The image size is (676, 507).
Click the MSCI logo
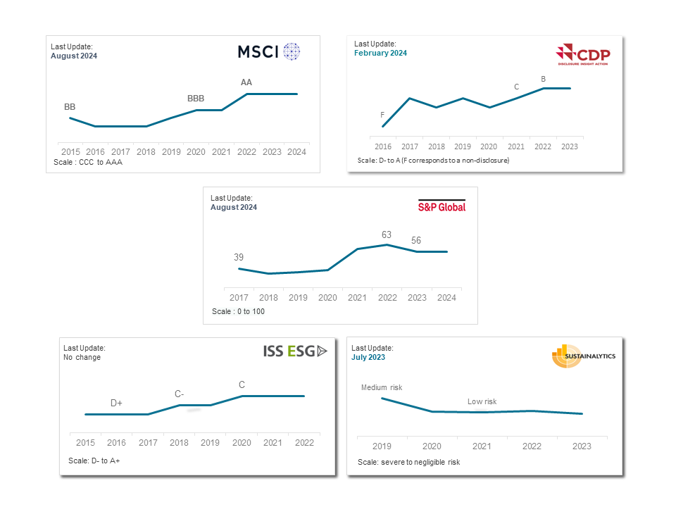point(268,51)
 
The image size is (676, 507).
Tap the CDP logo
point(583,55)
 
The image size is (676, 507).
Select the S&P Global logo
point(442,206)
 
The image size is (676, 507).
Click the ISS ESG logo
point(295,351)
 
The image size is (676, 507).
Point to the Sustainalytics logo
point(583,356)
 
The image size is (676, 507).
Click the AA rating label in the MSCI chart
point(246,82)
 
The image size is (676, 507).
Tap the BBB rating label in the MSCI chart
point(196,99)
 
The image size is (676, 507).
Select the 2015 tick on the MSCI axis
point(70,151)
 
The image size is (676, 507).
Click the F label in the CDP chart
point(382,114)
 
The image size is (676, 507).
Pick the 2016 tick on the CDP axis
point(382,146)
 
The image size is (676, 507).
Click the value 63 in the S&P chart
point(387,234)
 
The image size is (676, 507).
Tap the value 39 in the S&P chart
point(239,257)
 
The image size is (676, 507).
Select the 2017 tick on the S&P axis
point(239,297)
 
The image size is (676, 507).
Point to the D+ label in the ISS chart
point(116,403)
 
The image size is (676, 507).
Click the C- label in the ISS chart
point(180,394)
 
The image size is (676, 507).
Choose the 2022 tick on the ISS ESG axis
point(303,442)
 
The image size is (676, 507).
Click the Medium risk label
point(382,387)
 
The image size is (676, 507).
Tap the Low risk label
point(482,401)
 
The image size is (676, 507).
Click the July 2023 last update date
point(368,357)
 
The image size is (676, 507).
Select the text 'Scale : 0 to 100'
point(238,311)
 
